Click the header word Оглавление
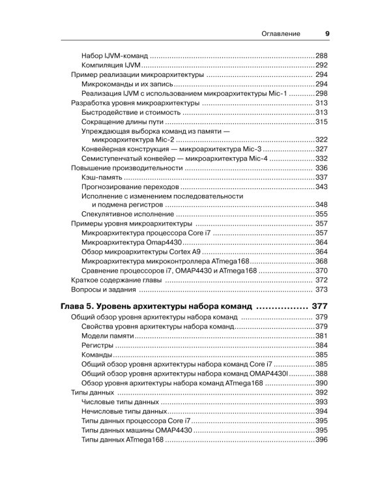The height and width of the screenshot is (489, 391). pos(281,33)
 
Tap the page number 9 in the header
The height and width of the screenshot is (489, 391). pos(327,33)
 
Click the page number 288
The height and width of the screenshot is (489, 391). pos(321,55)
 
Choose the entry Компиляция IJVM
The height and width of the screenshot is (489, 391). pos(111,65)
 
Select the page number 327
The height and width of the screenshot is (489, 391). pos(321,149)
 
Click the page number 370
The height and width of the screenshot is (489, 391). pos(321,270)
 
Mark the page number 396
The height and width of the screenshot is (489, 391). pos(321,441)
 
